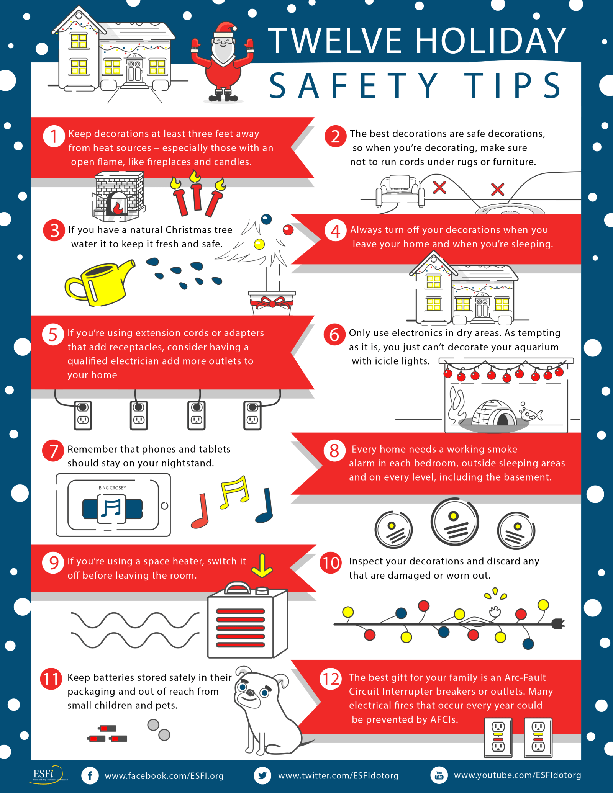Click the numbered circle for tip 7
(x=53, y=450)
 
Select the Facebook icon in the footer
(x=90, y=776)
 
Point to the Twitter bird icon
(x=262, y=776)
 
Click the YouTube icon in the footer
(x=439, y=775)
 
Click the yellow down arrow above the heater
(x=262, y=565)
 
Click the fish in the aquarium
(x=532, y=414)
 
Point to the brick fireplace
(x=118, y=196)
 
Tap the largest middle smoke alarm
(x=455, y=522)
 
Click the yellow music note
(x=234, y=492)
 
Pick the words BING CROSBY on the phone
(x=112, y=488)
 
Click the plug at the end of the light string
(x=558, y=624)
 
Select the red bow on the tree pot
(x=272, y=303)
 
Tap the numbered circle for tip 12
(x=331, y=679)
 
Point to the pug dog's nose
(x=250, y=693)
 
